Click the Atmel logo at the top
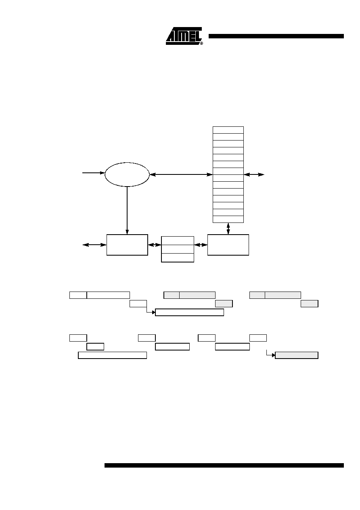point(184,36)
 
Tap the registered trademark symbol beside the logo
point(201,43)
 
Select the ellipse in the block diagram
point(127,174)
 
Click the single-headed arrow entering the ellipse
point(93,173)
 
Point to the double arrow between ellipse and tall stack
point(181,174)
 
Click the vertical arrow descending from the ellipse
point(127,210)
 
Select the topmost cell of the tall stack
point(228,130)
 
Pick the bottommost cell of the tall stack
point(228,219)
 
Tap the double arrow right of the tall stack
point(254,174)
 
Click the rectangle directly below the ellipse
point(127,245)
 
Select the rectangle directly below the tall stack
point(228,245)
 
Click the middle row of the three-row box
point(178,249)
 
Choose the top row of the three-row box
point(178,241)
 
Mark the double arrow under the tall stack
point(228,229)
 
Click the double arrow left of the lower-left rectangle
point(94,245)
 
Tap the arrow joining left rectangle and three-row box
point(155,245)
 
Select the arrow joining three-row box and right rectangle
point(201,245)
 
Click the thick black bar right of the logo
point(276,36)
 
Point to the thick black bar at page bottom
point(224,465)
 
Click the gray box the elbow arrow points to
point(297,355)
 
